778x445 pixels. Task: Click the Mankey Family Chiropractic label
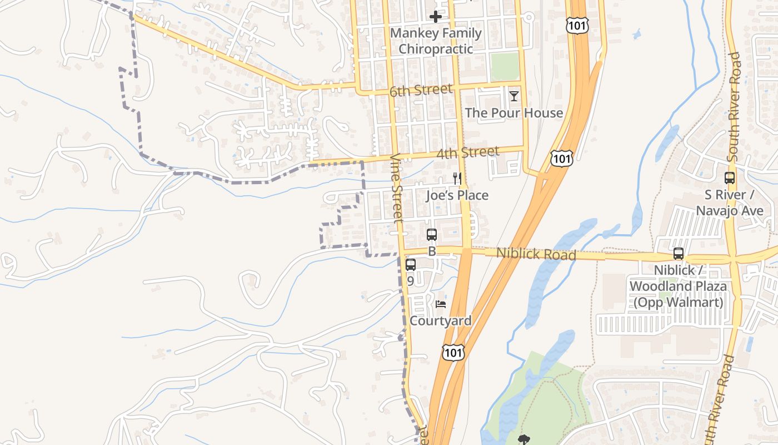436,41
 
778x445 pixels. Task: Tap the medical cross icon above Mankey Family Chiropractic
436,17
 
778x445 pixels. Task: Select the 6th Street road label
421,90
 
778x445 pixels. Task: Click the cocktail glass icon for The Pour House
514,96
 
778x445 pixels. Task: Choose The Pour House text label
514,113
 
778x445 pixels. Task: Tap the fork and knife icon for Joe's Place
457,178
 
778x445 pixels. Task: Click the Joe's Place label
457,195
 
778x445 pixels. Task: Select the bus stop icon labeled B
432,235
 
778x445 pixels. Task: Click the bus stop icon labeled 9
411,265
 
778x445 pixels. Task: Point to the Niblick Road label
536,254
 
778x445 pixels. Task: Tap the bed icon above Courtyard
441,304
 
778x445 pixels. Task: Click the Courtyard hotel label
441,321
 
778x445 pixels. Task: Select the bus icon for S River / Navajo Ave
730,179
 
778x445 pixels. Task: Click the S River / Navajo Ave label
730,203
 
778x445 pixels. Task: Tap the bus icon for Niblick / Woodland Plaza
679,254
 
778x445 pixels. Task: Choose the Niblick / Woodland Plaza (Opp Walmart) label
678,286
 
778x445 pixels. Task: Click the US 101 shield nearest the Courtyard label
453,352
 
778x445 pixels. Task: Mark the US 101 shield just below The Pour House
562,159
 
